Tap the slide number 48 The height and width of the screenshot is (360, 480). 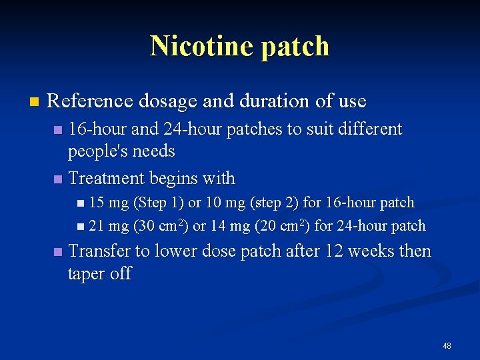pyautogui.click(x=447, y=346)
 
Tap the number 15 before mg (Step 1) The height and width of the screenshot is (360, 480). pyautogui.click(x=97, y=202)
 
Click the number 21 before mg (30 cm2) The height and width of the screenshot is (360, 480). pyautogui.click(x=97, y=226)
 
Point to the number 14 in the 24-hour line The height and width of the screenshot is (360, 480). pyautogui.click(x=219, y=226)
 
